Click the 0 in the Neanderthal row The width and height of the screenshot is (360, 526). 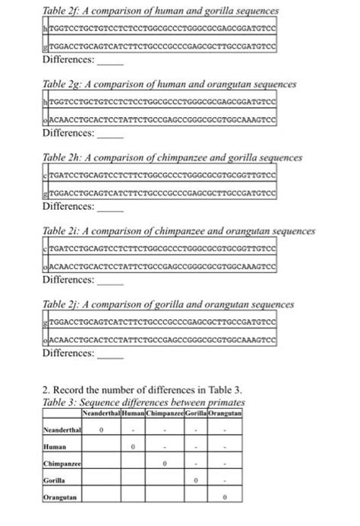pyautogui.click(x=103, y=429)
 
